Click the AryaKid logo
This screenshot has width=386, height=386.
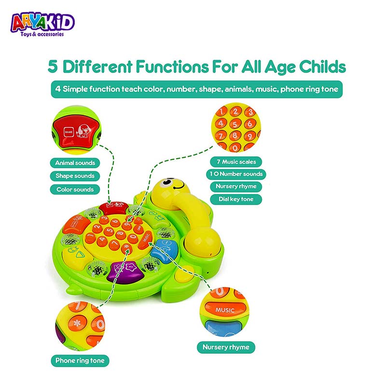tap(42, 25)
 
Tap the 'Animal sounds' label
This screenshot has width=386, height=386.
tap(75, 163)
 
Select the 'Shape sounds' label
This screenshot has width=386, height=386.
tap(75, 176)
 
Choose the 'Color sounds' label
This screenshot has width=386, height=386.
tap(75, 190)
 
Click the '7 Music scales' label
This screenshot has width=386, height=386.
tap(236, 162)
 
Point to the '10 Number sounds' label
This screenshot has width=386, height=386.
tap(236, 174)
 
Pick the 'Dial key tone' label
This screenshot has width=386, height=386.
tap(236, 199)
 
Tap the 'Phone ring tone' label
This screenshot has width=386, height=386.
tap(80, 360)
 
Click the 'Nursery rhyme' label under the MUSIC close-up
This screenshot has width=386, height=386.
tap(226, 347)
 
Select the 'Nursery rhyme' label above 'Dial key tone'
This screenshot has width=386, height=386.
tap(236, 186)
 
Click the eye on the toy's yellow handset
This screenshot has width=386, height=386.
tap(167, 182)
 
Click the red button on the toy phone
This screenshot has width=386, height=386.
tap(114, 207)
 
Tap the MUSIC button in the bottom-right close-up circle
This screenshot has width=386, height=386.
tap(225, 309)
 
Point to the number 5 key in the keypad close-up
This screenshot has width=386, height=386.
tap(235, 124)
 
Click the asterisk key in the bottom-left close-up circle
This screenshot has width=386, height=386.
tap(77, 323)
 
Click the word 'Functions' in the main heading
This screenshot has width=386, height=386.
tap(172, 67)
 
